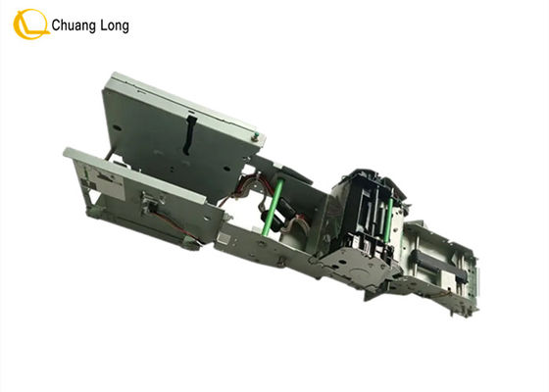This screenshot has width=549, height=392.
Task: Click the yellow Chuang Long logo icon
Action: pyautogui.click(x=30, y=24)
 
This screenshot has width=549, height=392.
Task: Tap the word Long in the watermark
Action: pyautogui.click(x=115, y=26)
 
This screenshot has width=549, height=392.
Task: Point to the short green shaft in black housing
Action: pyautogui.click(x=388, y=220)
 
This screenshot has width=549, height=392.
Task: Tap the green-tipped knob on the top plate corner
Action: pyautogui.click(x=257, y=135)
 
